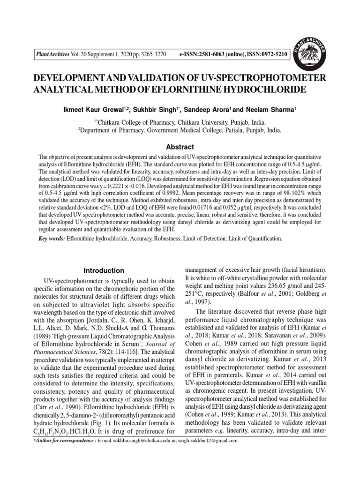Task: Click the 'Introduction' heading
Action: tap(104, 270)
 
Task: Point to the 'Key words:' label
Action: tap(52, 239)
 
